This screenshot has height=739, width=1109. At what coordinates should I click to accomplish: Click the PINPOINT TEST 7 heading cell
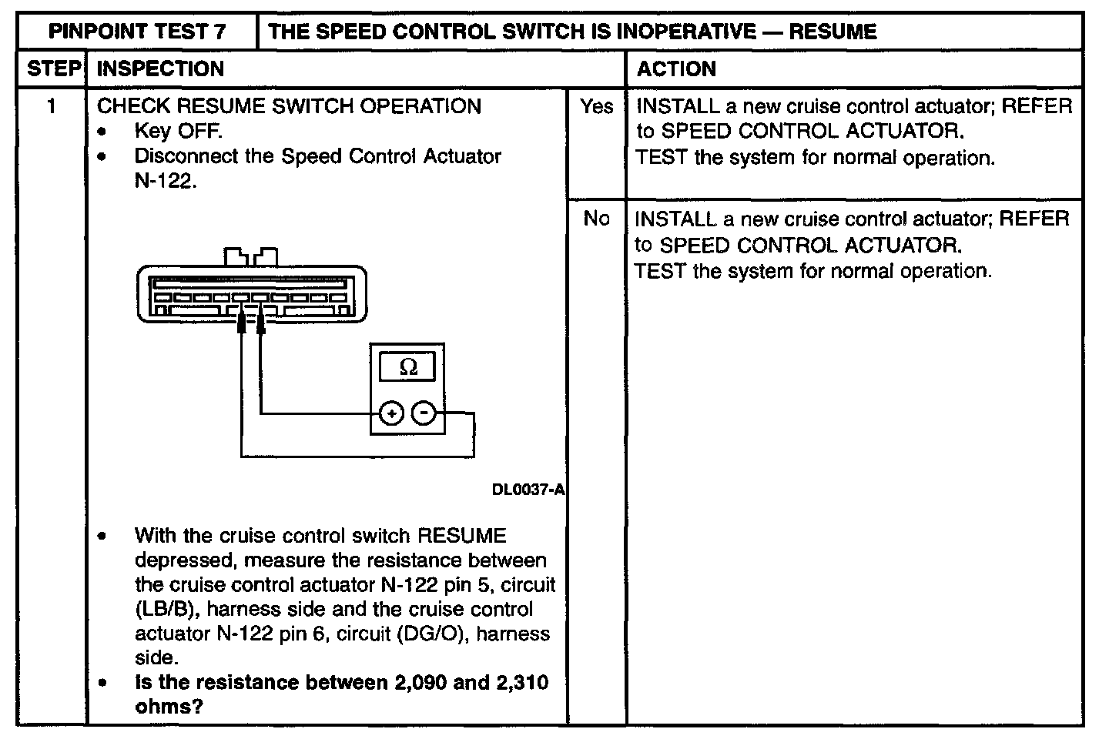137,32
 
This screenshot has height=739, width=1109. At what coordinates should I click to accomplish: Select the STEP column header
52,69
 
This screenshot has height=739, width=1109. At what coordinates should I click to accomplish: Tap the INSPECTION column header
160,69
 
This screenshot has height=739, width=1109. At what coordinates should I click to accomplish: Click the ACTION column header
676,69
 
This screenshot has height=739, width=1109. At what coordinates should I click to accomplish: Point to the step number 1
52,106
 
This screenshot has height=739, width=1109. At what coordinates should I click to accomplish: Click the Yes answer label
596,106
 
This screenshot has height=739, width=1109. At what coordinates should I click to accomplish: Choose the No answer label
596,219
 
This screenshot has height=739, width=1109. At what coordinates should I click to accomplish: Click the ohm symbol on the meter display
408,367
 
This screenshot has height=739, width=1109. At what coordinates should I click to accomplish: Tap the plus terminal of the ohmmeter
392,414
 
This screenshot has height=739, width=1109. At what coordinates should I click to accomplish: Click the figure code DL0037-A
528,489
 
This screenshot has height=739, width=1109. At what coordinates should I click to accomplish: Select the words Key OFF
178,131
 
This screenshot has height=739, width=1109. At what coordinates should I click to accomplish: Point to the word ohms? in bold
169,707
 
